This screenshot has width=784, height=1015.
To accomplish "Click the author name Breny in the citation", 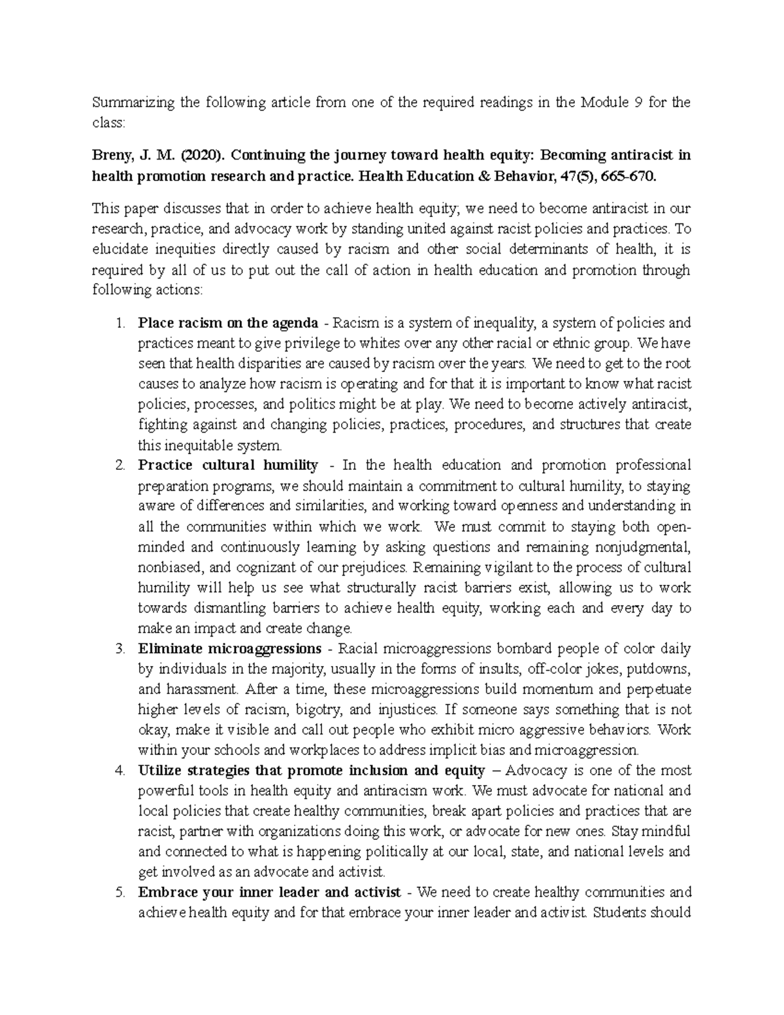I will (x=112, y=156).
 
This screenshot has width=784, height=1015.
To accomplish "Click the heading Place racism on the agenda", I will (x=228, y=323).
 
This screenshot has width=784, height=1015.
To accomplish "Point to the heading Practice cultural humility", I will (x=228, y=465).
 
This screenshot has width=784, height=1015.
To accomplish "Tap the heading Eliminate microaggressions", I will (x=230, y=649).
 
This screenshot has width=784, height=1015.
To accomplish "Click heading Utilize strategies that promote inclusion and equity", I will (x=312, y=771).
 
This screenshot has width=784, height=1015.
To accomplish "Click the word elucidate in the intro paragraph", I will (x=122, y=249).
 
